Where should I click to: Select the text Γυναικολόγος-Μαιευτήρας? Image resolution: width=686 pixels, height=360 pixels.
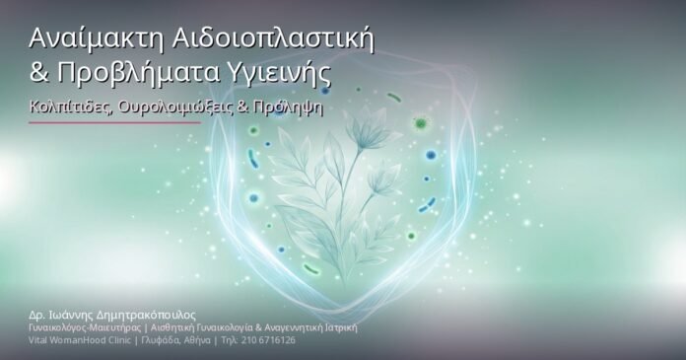tap(78, 326)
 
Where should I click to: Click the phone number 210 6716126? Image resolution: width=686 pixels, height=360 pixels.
tap(265, 339)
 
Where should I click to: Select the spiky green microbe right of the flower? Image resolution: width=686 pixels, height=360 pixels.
tap(421, 123)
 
